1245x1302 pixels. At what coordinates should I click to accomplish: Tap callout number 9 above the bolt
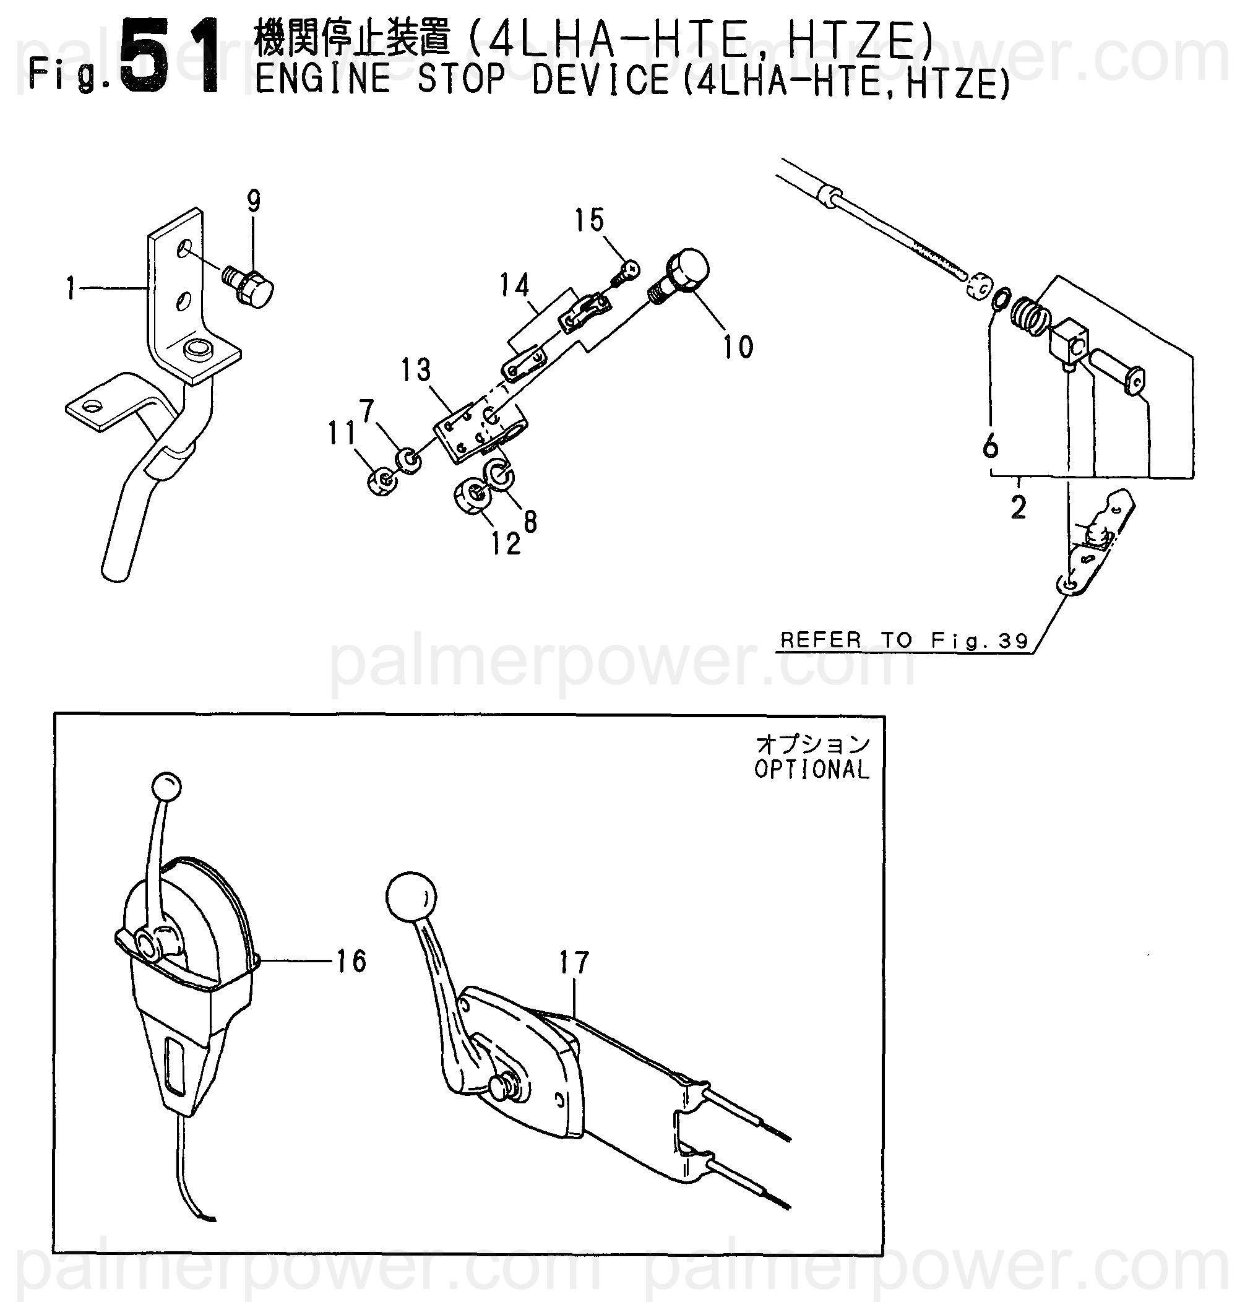[x=254, y=200]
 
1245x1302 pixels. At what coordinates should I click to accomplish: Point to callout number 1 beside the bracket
[x=71, y=290]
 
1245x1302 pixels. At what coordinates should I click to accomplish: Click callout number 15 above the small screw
[x=589, y=220]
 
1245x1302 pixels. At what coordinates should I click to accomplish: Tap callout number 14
[x=515, y=285]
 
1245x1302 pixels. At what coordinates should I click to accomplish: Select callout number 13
[x=416, y=370]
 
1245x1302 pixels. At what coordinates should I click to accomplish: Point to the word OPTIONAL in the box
[x=811, y=770]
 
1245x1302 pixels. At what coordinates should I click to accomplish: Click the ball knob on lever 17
[x=411, y=897]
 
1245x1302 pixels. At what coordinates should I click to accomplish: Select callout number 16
[x=351, y=962]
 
